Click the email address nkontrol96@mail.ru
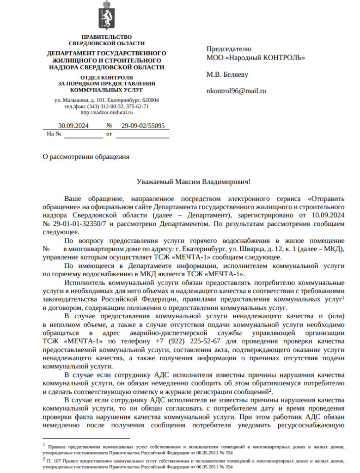[x=236, y=91]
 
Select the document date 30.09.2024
[x=73, y=126]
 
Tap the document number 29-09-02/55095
[x=143, y=126]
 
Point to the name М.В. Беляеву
[x=227, y=74]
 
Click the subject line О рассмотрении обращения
[x=85, y=157]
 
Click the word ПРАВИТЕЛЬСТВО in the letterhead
[x=106, y=37]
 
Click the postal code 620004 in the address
[x=150, y=100]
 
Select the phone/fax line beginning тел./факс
[x=106, y=106]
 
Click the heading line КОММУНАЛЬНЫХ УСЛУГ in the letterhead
[x=106, y=90]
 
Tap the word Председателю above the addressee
[x=229, y=49]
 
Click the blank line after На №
[x=83, y=134]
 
